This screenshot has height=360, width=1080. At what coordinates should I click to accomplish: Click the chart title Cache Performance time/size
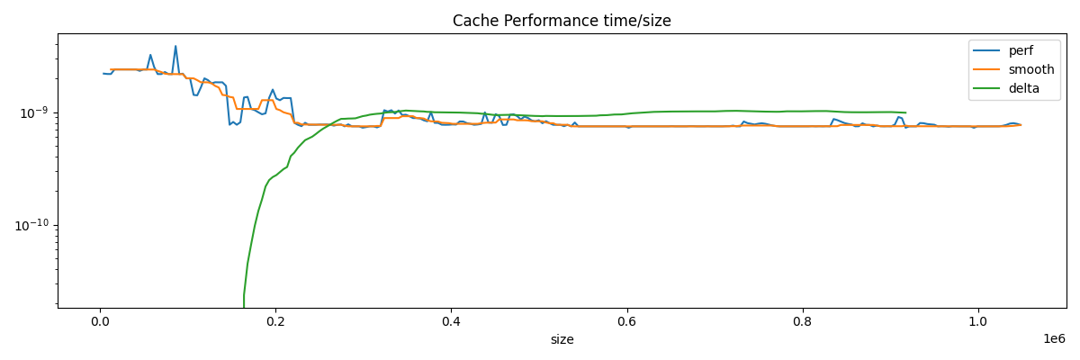[562, 21]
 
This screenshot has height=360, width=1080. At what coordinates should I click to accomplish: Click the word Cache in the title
[475, 21]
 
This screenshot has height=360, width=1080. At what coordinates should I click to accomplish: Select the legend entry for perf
[1021, 50]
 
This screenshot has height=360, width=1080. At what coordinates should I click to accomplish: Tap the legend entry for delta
[1024, 88]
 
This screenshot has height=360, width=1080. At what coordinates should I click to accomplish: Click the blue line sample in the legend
[987, 50]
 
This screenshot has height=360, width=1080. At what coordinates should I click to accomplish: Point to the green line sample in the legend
[987, 88]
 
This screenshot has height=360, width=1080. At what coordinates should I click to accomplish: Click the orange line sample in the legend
[987, 69]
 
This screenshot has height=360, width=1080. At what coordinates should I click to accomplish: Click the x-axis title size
[562, 340]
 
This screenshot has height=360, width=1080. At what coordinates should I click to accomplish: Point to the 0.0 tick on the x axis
[100, 321]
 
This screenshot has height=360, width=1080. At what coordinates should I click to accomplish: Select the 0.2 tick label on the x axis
[275, 321]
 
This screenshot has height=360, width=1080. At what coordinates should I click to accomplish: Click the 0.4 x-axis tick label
[451, 321]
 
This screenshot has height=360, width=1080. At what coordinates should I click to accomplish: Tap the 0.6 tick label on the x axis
[627, 321]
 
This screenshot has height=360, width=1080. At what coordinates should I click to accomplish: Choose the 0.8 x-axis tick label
[803, 321]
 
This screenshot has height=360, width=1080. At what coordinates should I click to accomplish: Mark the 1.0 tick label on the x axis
[978, 321]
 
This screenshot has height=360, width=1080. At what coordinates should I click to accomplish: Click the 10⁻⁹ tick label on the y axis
[33, 112]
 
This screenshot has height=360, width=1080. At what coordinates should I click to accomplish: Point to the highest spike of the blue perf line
[175, 46]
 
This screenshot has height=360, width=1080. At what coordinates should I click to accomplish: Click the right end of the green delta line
[905, 113]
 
